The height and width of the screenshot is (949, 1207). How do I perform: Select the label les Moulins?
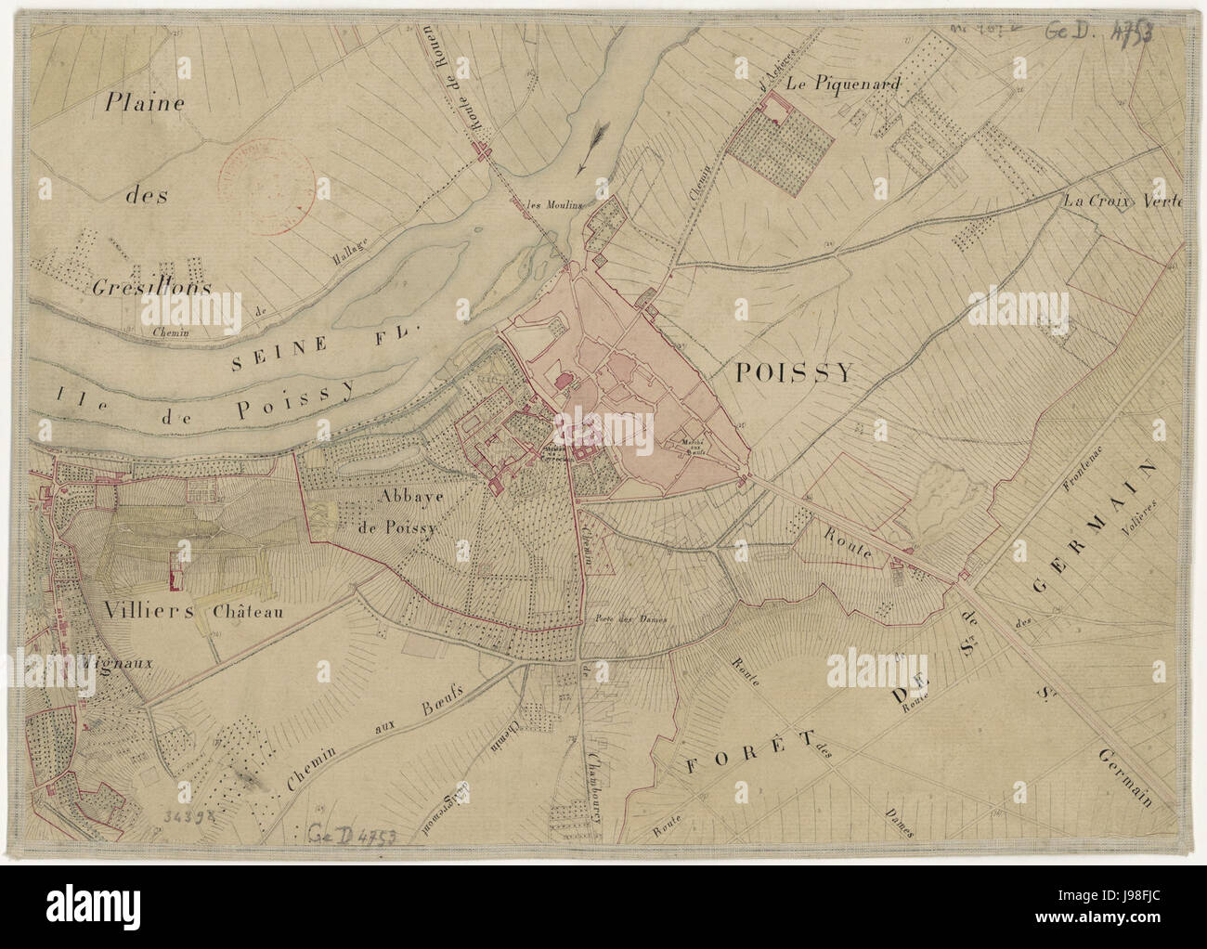(554, 205)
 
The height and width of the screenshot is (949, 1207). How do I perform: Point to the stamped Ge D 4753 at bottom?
(354, 832)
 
